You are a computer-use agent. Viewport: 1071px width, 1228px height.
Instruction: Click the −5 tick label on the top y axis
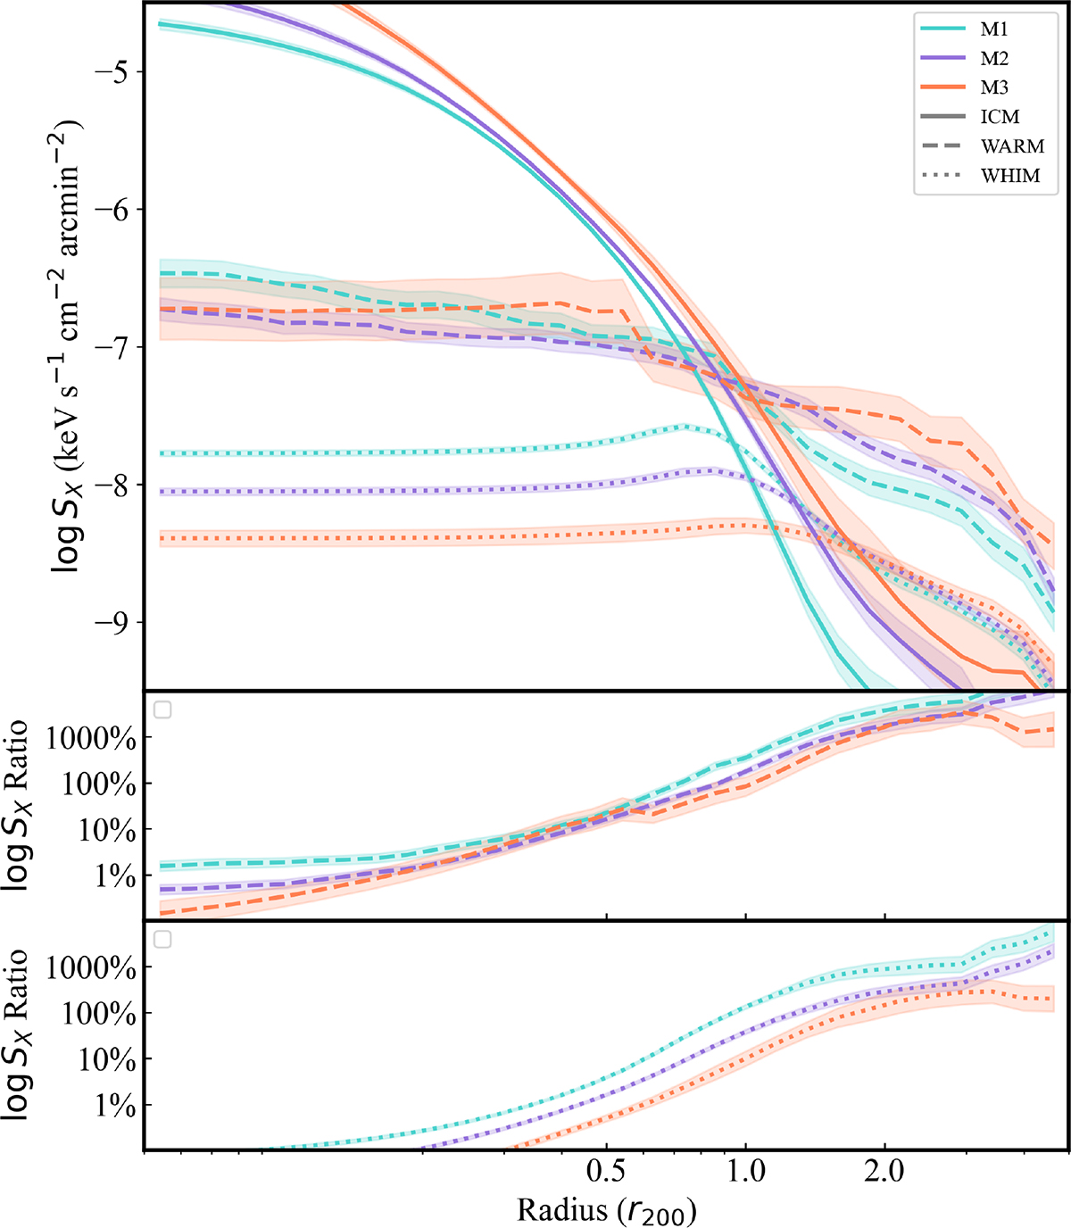[114, 72]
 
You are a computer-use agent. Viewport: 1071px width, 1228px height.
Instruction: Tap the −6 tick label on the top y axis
[114, 210]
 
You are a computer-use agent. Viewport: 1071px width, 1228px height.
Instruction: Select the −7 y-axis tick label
[114, 347]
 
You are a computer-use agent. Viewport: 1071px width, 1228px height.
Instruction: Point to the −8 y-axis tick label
[114, 485]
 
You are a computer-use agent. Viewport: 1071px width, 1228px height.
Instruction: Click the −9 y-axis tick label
[114, 622]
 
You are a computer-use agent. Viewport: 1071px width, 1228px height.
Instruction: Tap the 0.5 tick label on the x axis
[607, 1170]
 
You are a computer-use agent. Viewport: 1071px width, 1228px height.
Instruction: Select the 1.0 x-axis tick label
[745, 1170]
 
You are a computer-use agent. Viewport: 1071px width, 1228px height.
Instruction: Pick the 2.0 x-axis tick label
[884, 1170]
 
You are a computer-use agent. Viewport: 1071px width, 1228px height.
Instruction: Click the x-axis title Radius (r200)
[606, 1210]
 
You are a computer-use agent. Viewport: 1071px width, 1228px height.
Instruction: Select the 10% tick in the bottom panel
[106, 1060]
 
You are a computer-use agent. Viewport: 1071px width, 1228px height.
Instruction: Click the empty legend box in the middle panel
[162, 710]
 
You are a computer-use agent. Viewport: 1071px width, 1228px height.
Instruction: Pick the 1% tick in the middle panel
[114, 877]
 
